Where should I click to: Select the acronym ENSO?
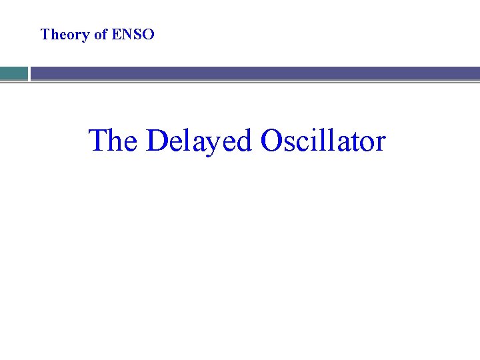tap(133, 35)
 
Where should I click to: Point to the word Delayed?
tap(198, 141)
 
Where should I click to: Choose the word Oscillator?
tap(323, 141)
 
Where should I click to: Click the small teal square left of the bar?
tap(13, 73)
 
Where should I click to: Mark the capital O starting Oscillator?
tap(272, 141)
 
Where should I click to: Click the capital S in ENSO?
tap(138, 35)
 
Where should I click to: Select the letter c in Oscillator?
tap(301, 143)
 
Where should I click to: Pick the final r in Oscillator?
tap(381, 143)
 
